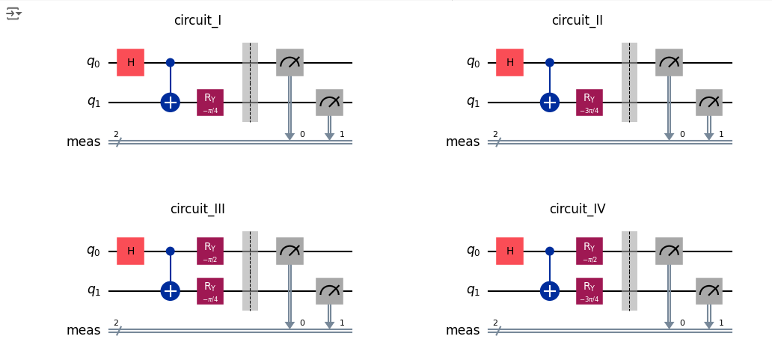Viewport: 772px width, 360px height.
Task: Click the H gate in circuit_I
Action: point(130,63)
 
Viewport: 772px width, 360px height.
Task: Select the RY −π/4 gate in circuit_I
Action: point(210,103)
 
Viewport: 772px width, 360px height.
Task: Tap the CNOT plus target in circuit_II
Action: point(550,103)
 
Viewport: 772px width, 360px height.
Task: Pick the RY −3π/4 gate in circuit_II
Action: point(589,103)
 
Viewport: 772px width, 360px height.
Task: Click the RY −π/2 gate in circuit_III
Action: point(210,251)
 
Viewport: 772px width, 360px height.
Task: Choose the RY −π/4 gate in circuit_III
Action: point(210,291)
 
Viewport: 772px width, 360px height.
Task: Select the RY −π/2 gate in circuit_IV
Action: point(589,251)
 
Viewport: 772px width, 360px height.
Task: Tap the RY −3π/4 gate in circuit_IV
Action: point(589,291)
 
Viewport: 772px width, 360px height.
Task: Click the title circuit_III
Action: point(197,209)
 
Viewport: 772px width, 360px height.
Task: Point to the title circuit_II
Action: point(578,21)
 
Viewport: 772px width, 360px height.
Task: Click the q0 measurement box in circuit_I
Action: point(290,63)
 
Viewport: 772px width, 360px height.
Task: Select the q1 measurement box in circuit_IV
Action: point(709,291)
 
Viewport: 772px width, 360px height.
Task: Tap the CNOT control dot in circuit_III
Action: point(171,251)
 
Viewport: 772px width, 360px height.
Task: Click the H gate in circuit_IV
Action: point(509,251)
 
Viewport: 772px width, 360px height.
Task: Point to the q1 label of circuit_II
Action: point(473,103)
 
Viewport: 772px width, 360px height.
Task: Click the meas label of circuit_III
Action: point(83,330)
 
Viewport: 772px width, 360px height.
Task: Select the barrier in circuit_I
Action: point(250,82)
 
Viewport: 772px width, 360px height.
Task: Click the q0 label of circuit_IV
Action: point(473,251)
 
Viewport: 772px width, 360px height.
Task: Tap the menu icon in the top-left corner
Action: point(13,13)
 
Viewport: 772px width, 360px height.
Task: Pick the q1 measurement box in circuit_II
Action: point(709,103)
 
